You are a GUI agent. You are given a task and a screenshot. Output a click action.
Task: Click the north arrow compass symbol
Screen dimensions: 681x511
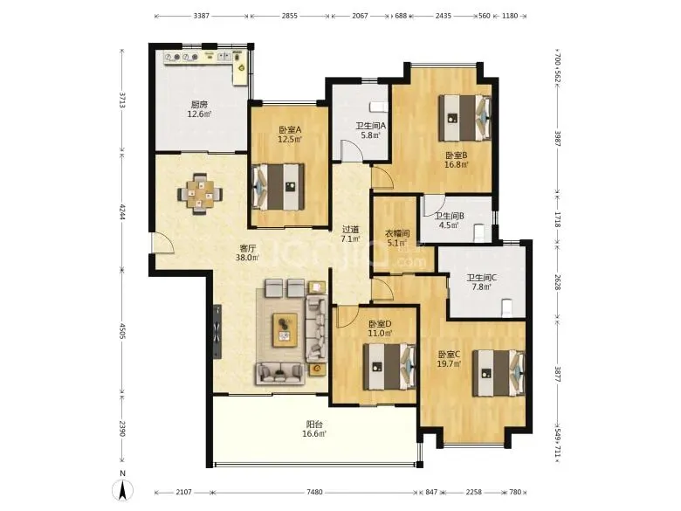(123, 491)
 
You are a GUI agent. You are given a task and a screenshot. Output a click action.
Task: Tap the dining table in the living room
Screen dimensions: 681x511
(200, 194)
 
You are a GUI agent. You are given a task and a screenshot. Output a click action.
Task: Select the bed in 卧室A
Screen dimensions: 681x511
(279, 187)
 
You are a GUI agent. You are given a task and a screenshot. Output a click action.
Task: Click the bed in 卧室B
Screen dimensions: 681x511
(464, 118)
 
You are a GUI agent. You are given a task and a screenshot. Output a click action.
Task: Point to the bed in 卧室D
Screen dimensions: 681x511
(389, 367)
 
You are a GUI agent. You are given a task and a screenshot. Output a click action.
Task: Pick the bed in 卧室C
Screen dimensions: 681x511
(499, 373)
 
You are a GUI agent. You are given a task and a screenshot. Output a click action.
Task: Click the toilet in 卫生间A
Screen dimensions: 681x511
(378, 107)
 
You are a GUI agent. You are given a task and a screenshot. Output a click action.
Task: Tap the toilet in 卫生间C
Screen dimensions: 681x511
(507, 307)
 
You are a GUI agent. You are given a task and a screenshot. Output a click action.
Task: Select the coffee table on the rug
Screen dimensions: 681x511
(285, 330)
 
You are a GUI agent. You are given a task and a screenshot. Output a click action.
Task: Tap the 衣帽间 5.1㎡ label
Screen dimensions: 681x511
(397, 238)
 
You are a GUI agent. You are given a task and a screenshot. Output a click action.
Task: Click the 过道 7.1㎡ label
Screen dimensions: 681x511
(351, 234)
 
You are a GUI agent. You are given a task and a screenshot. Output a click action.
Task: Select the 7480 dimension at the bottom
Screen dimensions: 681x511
(314, 493)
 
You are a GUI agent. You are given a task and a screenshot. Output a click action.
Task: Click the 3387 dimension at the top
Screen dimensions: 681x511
(202, 16)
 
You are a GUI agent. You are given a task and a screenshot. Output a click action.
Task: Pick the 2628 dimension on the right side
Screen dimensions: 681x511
(558, 281)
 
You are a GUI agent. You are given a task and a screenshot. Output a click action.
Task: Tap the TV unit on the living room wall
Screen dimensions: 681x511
(217, 332)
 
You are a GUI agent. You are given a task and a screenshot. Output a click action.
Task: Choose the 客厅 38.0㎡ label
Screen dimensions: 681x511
(248, 253)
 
